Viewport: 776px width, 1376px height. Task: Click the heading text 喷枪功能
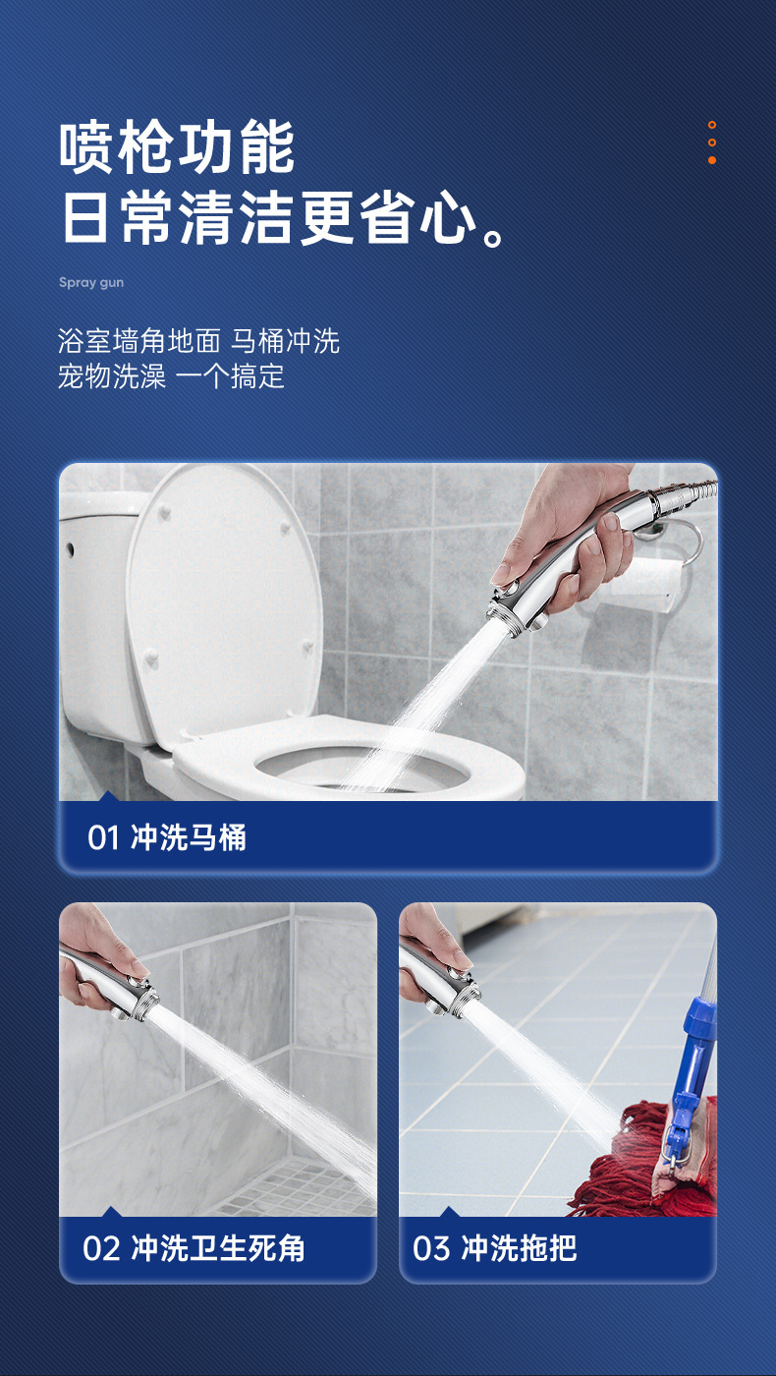[x=177, y=147]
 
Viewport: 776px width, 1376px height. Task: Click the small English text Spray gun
[x=91, y=283]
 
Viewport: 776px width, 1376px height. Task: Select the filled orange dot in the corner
[x=711, y=160]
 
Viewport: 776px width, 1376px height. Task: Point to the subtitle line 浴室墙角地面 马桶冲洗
[x=198, y=341]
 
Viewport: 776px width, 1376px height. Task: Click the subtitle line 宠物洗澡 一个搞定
[x=171, y=376]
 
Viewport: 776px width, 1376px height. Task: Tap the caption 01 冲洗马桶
[x=166, y=837]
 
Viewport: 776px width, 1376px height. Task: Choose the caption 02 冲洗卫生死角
[x=194, y=1248]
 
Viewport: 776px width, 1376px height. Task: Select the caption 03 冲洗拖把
[x=495, y=1248]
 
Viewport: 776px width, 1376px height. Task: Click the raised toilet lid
[x=224, y=602]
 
